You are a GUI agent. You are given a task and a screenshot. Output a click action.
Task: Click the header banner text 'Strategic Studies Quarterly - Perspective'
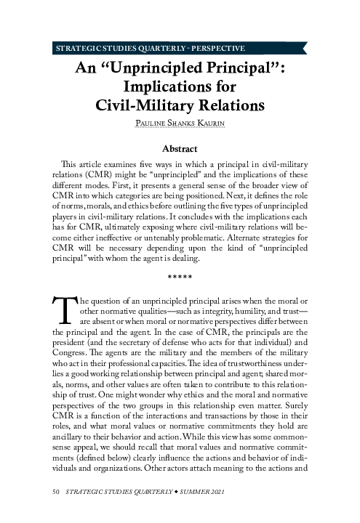click(149, 49)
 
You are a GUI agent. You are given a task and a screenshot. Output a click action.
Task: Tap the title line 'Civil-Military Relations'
click(180, 105)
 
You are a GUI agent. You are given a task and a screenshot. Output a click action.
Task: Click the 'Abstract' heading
click(180, 148)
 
